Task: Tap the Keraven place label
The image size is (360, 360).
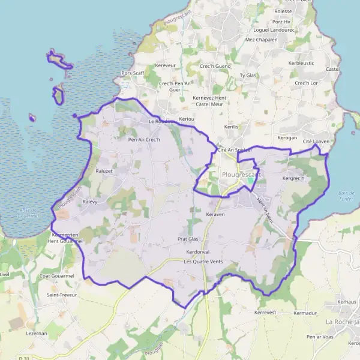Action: [x=215, y=214]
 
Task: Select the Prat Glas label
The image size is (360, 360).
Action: [x=188, y=238]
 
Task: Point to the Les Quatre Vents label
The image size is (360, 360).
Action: [x=203, y=262]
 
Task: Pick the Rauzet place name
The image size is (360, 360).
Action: [x=105, y=171]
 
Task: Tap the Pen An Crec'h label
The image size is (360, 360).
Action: [x=144, y=140]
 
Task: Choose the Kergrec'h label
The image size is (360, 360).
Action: [x=293, y=178]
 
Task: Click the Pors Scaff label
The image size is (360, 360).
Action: [x=133, y=73]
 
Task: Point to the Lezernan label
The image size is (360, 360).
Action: [x=37, y=332]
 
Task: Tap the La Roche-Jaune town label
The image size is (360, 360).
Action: [x=343, y=322]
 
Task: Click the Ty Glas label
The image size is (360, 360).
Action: [x=248, y=75]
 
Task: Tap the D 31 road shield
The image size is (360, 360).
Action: [x=25, y=358]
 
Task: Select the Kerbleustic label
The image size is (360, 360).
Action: [x=301, y=62]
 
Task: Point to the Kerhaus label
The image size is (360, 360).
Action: [x=347, y=301]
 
